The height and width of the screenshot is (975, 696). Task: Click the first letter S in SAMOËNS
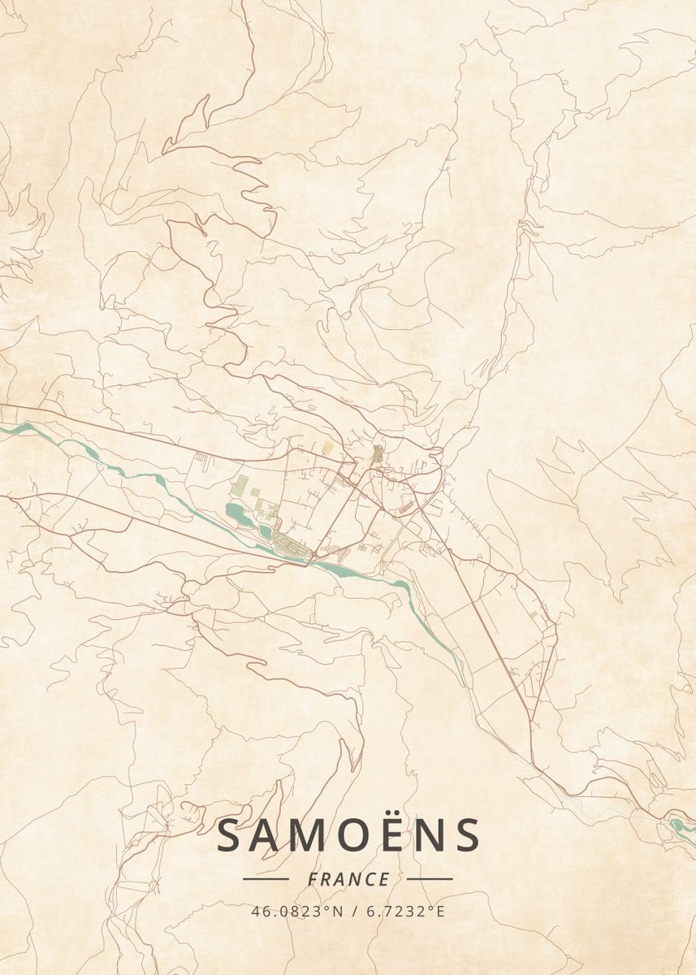pyautogui.click(x=230, y=835)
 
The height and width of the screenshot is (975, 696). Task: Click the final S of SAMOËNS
pyautogui.click(x=466, y=835)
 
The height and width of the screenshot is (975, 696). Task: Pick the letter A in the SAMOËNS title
pyautogui.click(x=266, y=835)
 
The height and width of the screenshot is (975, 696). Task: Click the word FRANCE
pyautogui.click(x=348, y=879)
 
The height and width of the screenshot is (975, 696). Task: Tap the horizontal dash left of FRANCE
pyautogui.click(x=266, y=878)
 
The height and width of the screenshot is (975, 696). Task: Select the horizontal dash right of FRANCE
pyautogui.click(x=430, y=878)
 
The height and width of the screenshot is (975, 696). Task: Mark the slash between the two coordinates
pyautogui.click(x=353, y=912)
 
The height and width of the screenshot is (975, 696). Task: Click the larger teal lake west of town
pyautogui.click(x=237, y=512)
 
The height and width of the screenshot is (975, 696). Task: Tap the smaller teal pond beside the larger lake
pyautogui.click(x=266, y=532)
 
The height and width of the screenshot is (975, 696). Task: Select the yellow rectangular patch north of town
pyautogui.click(x=327, y=447)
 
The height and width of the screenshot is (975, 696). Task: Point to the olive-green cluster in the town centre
pyautogui.click(x=377, y=453)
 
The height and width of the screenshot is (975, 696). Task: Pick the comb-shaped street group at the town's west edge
pyautogui.click(x=201, y=461)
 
